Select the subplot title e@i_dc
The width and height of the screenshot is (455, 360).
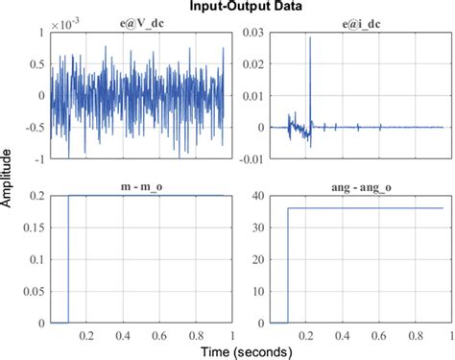pyautogui.click(x=360, y=22)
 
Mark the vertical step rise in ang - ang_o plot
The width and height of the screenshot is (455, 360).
pyautogui.click(x=288, y=264)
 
